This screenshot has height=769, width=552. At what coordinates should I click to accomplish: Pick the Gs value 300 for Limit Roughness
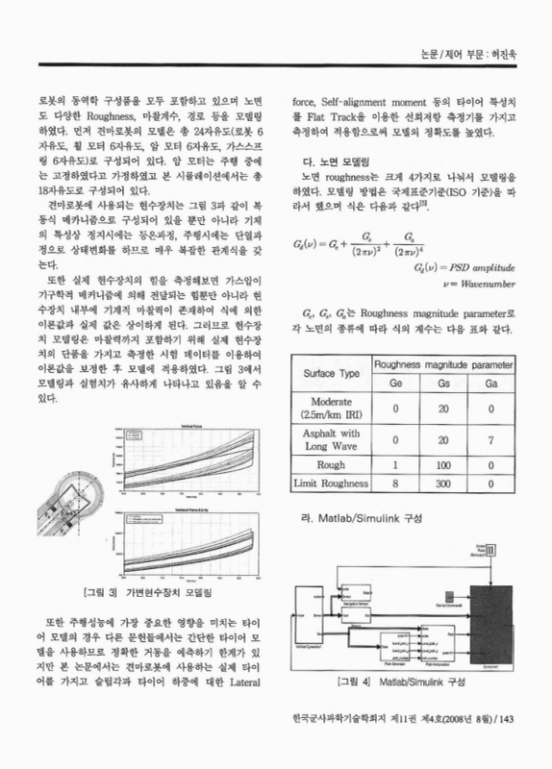pos(441,484)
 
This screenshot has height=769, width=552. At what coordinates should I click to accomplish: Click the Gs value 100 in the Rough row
pos(441,465)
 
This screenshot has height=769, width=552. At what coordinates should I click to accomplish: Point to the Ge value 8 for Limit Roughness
pos(394,484)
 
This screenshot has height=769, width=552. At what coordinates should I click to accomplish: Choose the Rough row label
pos(332,465)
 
